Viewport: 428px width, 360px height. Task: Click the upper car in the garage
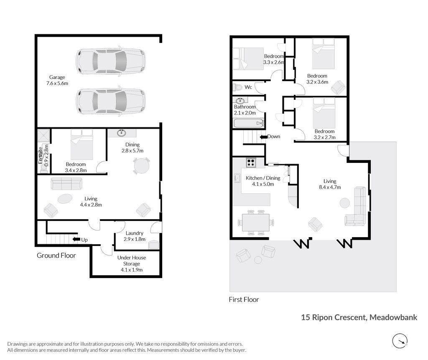coord(110,61)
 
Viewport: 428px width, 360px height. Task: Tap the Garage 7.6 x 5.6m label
coord(57,80)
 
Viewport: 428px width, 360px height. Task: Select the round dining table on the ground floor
coord(141,165)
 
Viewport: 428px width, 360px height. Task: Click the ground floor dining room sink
coord(122,133)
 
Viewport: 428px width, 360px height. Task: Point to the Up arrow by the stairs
coord(75,239)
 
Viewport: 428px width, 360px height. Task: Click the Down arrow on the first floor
coord(263,137)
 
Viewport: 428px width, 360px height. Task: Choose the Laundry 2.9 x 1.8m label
coord(134,236)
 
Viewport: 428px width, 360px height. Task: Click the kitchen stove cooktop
coord(251,163)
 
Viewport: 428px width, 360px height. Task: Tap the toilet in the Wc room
coord(237,87)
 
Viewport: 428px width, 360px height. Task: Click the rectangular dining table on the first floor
coord(256,222)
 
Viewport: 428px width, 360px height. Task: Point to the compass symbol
coord(400,341)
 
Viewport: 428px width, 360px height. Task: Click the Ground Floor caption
coord(56,256)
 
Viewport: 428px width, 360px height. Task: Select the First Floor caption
coord(244,299)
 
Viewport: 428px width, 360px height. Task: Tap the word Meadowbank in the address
coord(393,317)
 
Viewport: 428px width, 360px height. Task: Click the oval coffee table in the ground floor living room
coord(65,198)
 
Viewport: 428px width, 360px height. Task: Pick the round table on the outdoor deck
coord(258,260)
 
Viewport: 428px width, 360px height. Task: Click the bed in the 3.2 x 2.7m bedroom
coord(324,113)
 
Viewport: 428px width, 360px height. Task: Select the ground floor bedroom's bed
coord(82,145)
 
